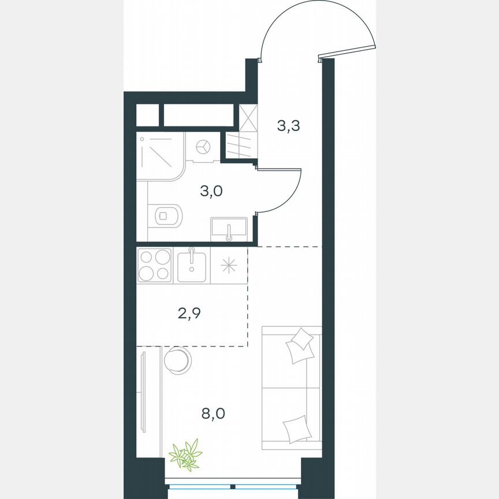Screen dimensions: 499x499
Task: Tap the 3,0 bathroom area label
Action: pyautogui.click(x=210, y=192)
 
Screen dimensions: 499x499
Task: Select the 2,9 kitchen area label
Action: pyautogui.click(x=190, y=314)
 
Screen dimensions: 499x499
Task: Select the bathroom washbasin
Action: pyautogui.click(x=229, y=228)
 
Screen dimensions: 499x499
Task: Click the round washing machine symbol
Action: pyautogui.click(x=202, y=147)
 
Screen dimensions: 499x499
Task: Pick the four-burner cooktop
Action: pyautogui.click(x=155, y=265)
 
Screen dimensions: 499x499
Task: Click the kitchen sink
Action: pyautogui.click(x=192, y=265)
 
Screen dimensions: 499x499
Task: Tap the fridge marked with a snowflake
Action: pyautogui.click(x=229, y=265)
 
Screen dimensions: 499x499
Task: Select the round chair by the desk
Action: pyautogui.click(x=177, y=360)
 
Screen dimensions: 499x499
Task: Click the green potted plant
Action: pyautogui.click(x=185, y=453)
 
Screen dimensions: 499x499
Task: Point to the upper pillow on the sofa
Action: pyautogui.click(x=300, y=345)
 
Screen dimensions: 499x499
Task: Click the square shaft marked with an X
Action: pyautogui.click(x=247, y=117)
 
